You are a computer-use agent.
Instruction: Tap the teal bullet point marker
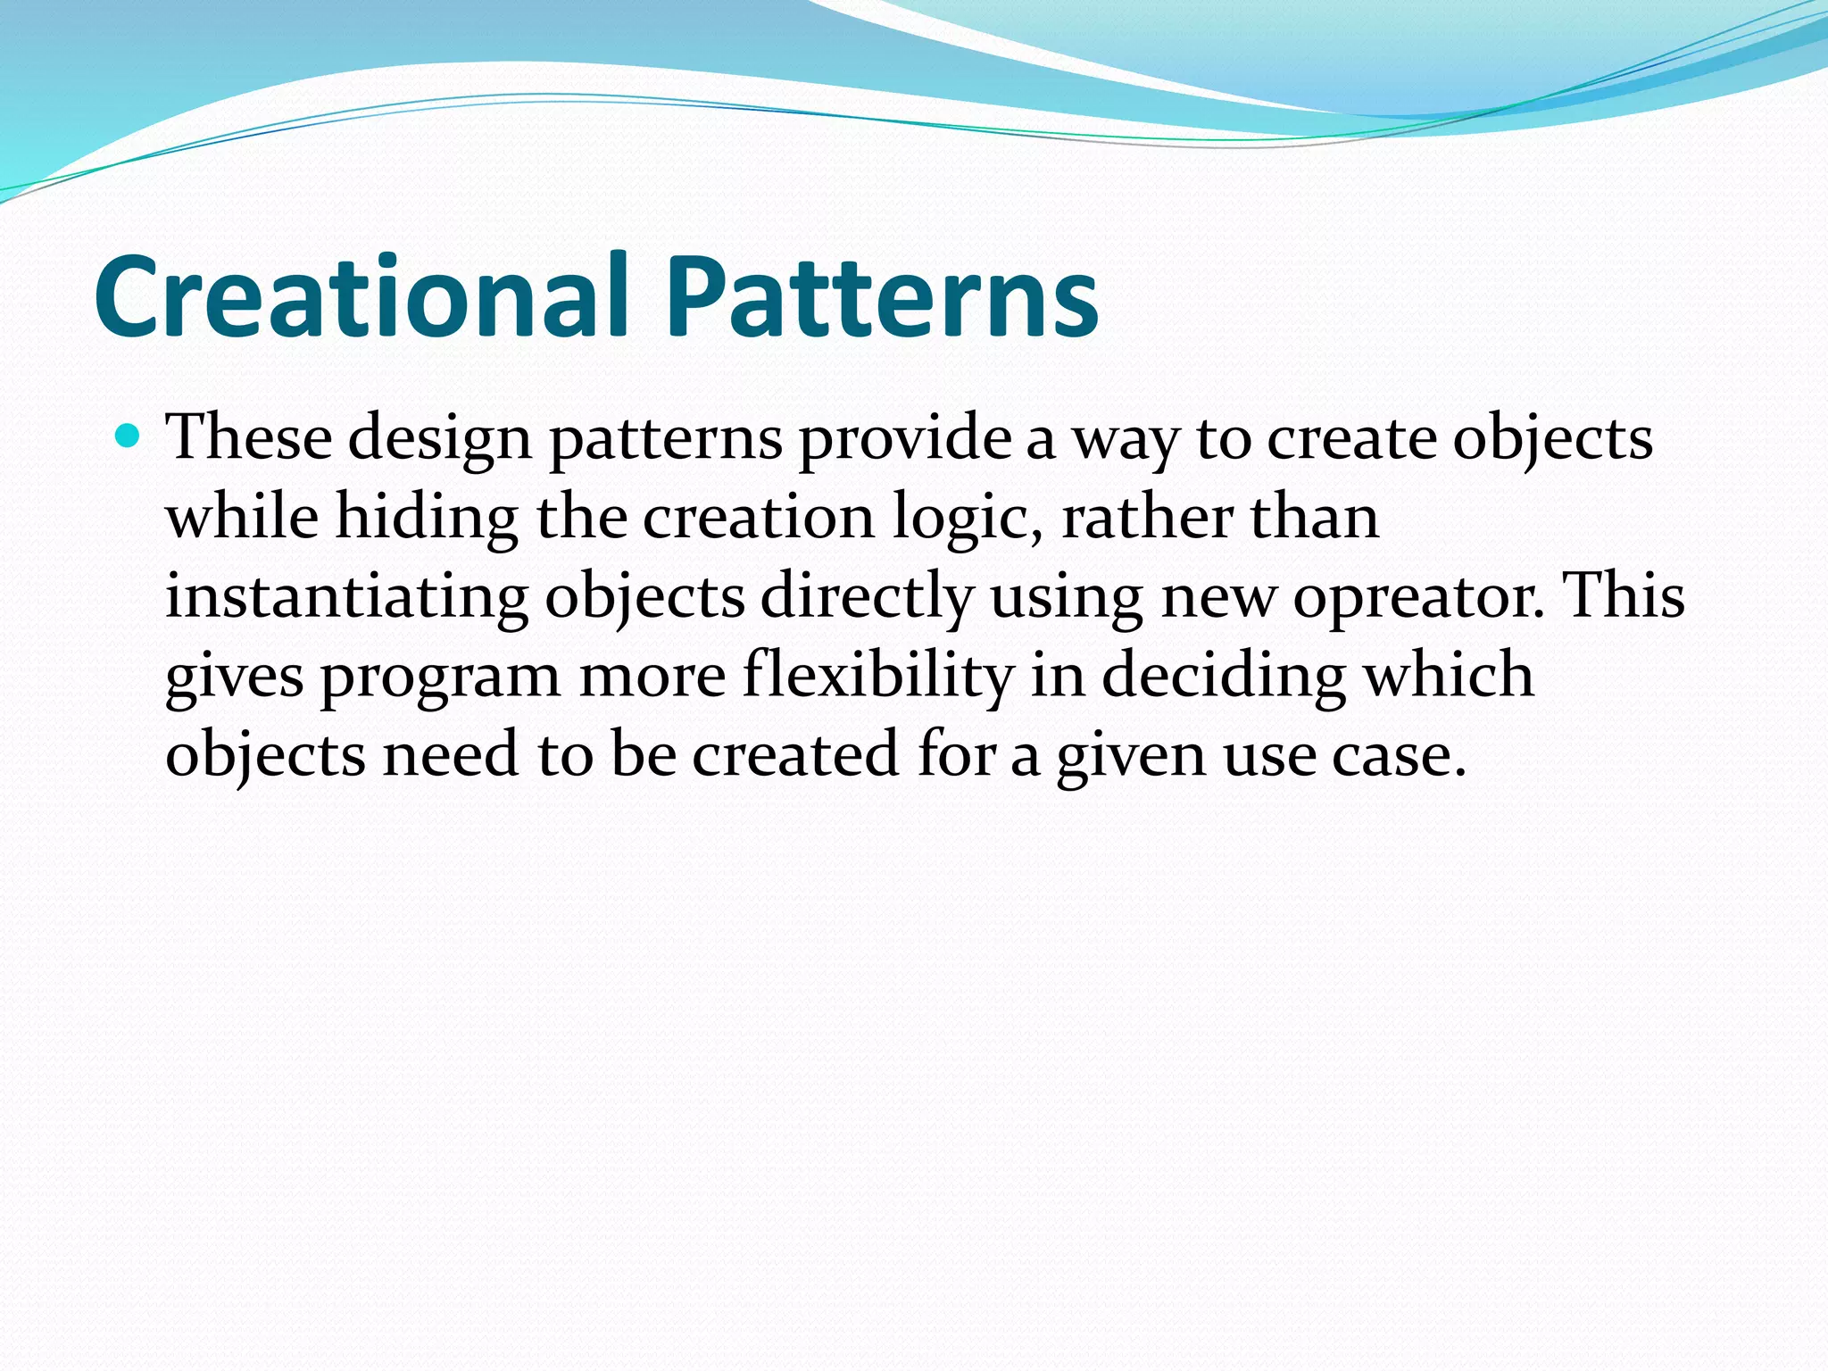(129, 436)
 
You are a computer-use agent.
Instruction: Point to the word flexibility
(878, 677)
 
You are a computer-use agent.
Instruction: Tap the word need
(451, 754)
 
